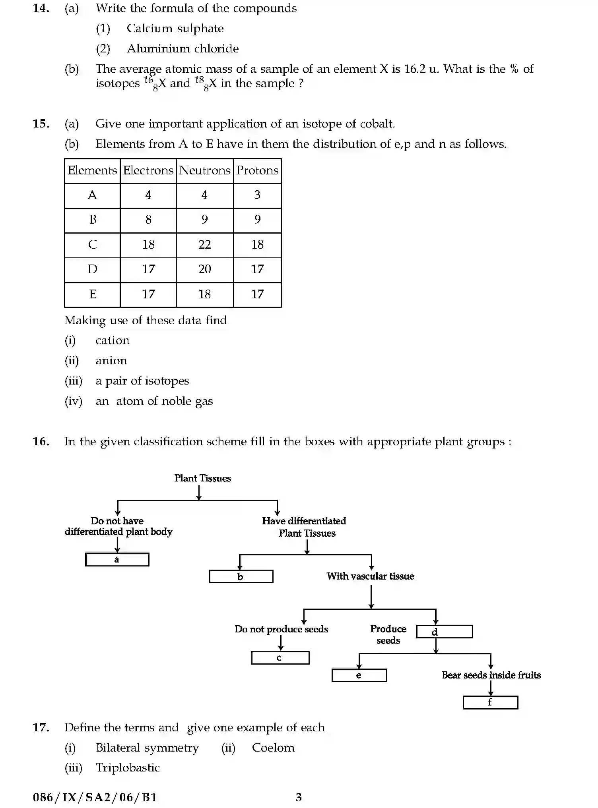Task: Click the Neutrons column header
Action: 204,171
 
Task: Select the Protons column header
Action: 257,171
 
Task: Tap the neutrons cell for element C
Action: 204,245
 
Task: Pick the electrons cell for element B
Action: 148,220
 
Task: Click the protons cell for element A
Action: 257,195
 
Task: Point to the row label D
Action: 92,269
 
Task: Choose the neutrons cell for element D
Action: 204,269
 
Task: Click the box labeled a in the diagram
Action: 117,560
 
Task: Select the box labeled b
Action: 241,576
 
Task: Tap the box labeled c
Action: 280,658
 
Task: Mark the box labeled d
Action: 445,632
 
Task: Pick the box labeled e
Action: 359,675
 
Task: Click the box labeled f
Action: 490,702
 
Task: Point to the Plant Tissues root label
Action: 202,478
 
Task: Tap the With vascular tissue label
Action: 370,576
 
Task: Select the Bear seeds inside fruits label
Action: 491,675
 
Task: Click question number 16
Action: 41,442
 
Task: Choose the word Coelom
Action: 273,748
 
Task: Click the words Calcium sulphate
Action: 175,29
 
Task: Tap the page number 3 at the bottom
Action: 299,797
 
